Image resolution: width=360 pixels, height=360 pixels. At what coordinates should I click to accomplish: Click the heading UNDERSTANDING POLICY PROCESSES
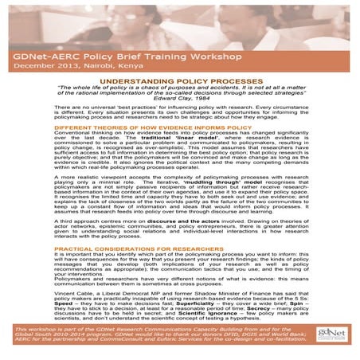point(179,80)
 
